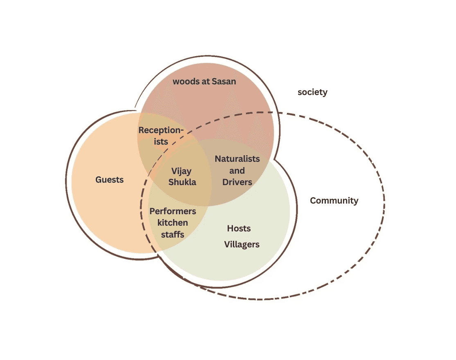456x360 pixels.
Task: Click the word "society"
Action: pos(312,92)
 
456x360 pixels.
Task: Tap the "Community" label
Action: pos(334,201)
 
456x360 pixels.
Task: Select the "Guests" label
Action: pos(109,180)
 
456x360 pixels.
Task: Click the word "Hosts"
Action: pos(239,229)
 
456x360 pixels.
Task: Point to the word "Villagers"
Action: pos(242,245)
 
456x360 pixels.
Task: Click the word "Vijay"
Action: pos(181,171)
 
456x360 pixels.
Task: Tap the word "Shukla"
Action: pos(182,182)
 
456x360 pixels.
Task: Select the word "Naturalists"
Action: pos(237,159)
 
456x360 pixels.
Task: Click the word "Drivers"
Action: pos(237,182)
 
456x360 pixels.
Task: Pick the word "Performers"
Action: pos(173,212)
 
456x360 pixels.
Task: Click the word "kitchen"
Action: pos(173,223)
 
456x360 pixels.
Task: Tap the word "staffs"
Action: pos(172,235)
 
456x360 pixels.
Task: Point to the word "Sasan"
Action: pos(224,82)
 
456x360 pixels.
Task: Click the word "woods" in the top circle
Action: pos(185,82)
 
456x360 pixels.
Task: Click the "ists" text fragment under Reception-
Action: pos(159,142)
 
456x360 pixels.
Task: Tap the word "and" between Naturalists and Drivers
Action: pos(237,171)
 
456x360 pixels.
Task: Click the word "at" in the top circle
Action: pos(205,82)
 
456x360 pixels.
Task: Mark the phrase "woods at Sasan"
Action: pos(204,82)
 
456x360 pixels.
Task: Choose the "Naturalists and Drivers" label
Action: pos(237,170)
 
